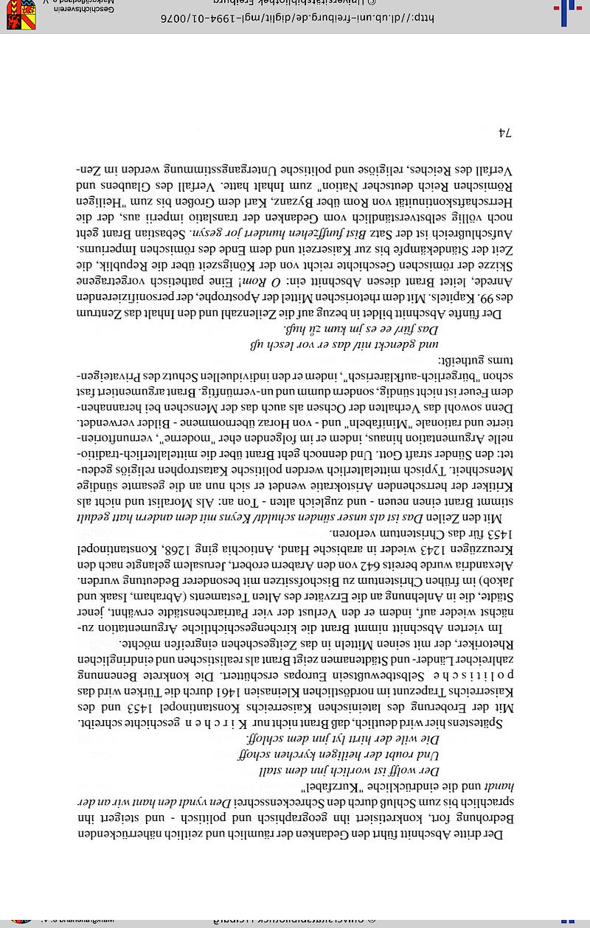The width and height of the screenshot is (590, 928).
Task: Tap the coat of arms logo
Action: pos(21,14)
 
